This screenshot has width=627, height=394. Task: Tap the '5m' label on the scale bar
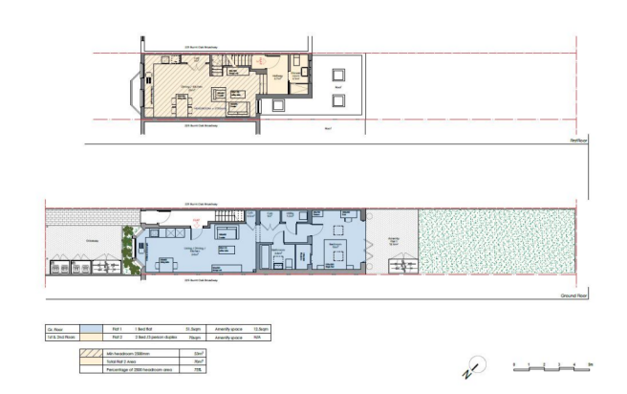pos(590,364)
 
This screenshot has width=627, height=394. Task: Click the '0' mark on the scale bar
pos(514,364)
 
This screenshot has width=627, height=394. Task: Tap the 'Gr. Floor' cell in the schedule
pos(55,328)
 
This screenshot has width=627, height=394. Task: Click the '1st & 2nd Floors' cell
pos(59,337)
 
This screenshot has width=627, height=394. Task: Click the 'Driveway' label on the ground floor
pos(92,240)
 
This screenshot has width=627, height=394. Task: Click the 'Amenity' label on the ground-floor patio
pos(391,240)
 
